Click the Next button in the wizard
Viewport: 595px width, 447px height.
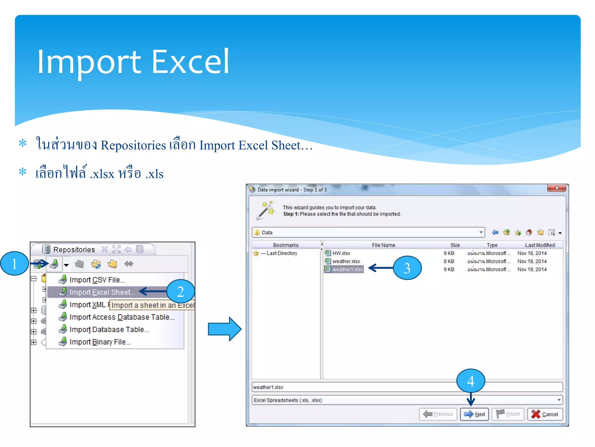coord(474,414)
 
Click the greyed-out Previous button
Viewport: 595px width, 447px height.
coord(438,414)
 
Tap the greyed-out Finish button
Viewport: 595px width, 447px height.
coord(508,414)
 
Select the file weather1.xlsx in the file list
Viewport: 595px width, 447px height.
coord(347,269)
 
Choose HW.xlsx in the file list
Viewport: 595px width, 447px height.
coord(341,253)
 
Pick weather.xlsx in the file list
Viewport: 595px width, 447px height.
coord(346,261)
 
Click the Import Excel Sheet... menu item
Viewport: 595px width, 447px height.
coord(102,292)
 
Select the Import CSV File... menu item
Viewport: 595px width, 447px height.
coord(97,280)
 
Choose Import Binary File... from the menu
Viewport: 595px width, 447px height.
coord(100,342)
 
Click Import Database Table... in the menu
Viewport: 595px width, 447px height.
coord(109,329)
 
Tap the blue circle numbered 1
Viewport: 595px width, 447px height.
coord(14,264)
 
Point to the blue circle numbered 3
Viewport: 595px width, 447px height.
coord(407,268)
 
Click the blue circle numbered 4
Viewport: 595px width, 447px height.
coord(471,381)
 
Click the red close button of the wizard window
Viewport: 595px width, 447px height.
coord(556,188)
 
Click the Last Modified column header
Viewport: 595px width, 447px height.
coord(540,245)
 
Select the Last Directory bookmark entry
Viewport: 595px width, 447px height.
coord(282,253)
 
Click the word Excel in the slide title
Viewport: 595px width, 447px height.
coord(191,62)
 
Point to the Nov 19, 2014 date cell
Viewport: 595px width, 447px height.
coord(532,269)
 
